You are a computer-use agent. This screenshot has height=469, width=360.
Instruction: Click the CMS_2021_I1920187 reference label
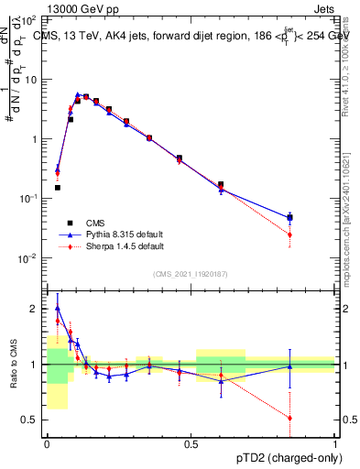coord(191,272)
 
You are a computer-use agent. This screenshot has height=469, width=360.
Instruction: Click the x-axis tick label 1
coord(335,443)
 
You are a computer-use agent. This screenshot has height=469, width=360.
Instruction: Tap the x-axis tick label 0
coord(47,443)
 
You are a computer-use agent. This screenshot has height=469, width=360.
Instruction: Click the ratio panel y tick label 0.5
coord(30,420)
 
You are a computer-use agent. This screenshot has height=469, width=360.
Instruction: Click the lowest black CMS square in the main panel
coord(57,188)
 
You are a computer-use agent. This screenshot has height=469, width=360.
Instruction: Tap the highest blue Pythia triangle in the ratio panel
coord(57,309)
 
